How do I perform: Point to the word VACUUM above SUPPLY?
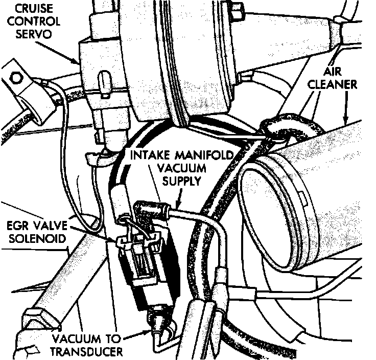click(x=180, y=167)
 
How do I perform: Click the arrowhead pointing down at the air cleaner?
click(x=345, y=122)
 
